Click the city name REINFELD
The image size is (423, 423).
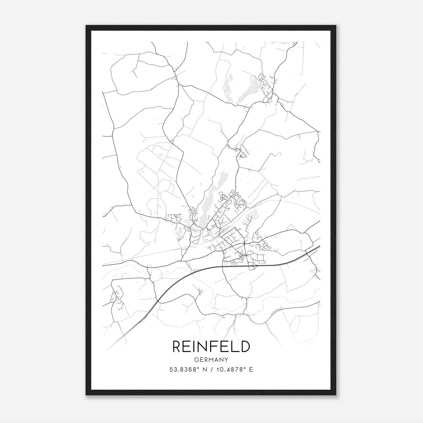(x=211, y=347)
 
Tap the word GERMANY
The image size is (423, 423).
(x=211, y=360)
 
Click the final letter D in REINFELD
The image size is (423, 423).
(x=245, y=347)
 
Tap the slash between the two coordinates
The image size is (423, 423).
(x=212, y=370)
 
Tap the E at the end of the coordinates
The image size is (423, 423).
(x=251, y=370)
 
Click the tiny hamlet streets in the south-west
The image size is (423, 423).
(x=116, y=296)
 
